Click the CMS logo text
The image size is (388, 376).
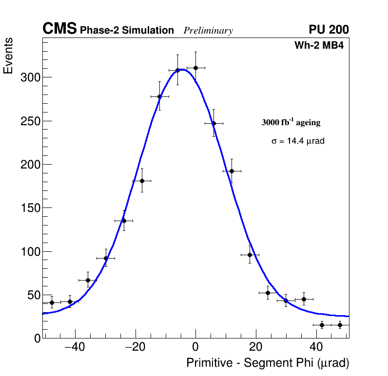tap(59, 30)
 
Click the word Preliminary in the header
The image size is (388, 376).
tap(208, 31)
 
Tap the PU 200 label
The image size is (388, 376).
tap(329, 30)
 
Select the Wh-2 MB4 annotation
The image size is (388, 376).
tap(319, 46)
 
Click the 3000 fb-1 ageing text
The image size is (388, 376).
tap(291, 123)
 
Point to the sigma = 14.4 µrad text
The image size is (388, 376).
tap(298, 141)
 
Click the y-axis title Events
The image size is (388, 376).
tap(8, 56)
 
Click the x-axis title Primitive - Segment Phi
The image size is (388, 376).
tap(268, 363)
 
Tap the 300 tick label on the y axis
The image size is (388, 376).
tap(30, 78)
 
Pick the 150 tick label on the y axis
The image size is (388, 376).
tap(30, 208)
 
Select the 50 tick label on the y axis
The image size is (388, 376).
tap(33, 295)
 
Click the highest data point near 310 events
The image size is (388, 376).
tap(195, 68)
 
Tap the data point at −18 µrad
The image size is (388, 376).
tap(142, 181)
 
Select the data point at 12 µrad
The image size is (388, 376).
tap(232, 171)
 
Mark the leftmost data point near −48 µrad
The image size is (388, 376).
tap(52, 302)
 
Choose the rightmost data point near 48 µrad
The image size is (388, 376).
tap(340, 325)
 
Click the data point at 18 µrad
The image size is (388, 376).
tap(250, 255)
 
